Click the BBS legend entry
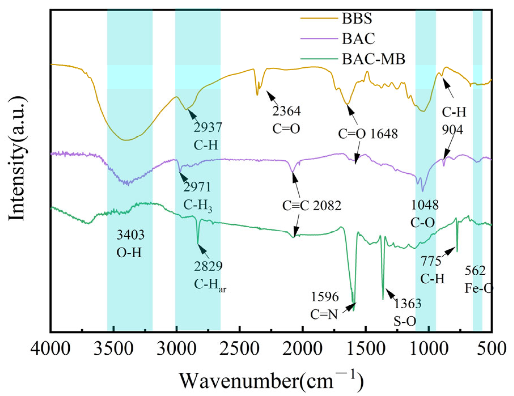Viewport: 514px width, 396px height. click(x=357, y=19)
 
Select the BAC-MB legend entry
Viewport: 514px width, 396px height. click(x=373, y=59)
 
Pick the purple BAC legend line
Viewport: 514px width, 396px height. click(x=319, y=39)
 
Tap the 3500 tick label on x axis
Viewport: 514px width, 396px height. click(x=113, y=348)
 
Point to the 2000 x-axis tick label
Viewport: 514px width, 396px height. click(x=303, y=348)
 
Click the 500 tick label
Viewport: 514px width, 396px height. click(x=492, y=348)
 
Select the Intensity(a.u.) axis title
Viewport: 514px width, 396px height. click(x=17, y=159)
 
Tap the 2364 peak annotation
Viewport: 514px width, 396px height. click(x=286, y=111)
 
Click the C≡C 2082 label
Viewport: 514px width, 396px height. click(x=312, y=206)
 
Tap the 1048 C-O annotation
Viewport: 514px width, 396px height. click(x=424, y=214)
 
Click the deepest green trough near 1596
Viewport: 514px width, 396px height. click(x=353, y=310)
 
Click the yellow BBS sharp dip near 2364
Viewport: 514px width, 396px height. click(x=257, y=95)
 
